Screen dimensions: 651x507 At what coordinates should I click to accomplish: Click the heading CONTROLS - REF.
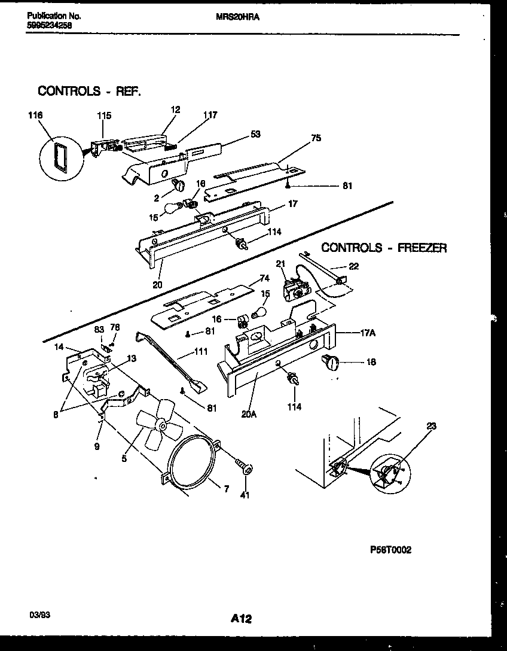(x=90, y=91)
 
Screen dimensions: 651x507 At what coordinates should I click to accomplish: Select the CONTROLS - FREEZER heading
(x=384, y=248)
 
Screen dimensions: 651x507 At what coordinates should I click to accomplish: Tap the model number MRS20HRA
(x=237, y=18)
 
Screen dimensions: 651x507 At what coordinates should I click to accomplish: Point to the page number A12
(x=241, y=620)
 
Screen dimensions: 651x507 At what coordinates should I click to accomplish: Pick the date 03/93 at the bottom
(x=38, y=615)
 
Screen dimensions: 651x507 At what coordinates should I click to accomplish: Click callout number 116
(x=35, y=115)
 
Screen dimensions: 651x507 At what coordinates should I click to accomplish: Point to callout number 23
(x=432, y=427)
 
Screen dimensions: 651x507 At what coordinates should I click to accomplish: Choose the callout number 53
(x=255, y=134)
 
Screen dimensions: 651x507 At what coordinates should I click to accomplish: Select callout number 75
(x=316, y=138)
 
